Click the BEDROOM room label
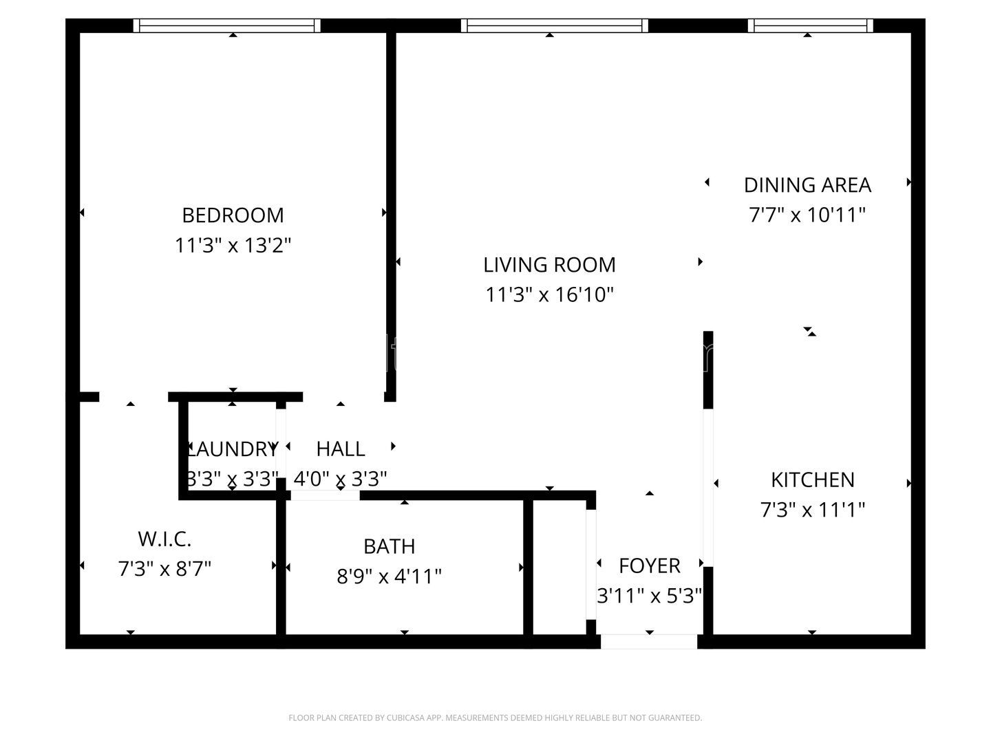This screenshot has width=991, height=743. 233,215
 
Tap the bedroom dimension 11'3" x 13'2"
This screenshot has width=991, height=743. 233,246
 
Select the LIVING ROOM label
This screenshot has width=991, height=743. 549,265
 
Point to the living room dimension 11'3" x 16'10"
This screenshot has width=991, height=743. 549,295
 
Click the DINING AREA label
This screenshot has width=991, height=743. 807,185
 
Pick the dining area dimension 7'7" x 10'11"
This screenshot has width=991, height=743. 807,215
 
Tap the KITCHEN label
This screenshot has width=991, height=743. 812,480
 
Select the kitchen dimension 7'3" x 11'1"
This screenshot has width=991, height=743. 812,510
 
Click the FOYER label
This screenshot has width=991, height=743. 649,566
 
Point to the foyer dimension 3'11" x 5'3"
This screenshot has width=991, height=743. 649,596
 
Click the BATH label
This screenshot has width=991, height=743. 389,546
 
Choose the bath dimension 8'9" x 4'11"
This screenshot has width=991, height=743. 389,577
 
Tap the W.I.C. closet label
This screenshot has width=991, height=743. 164,539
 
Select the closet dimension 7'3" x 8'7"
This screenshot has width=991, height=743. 164,569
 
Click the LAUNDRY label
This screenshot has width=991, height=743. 233,449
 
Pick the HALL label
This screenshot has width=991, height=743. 340,449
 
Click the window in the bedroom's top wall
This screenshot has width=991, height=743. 227,25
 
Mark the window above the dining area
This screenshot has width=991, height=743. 810,25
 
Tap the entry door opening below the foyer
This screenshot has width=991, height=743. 649,642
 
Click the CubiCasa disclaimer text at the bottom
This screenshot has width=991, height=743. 495,718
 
